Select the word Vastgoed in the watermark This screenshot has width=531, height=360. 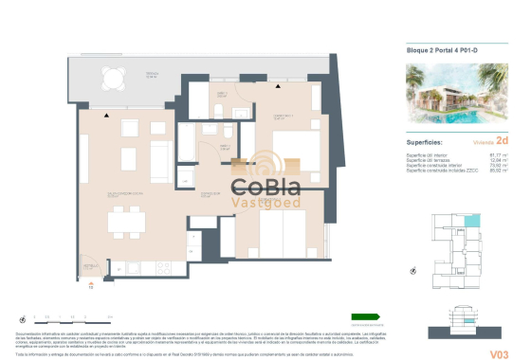pyautogui.click(x=267, y=202)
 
